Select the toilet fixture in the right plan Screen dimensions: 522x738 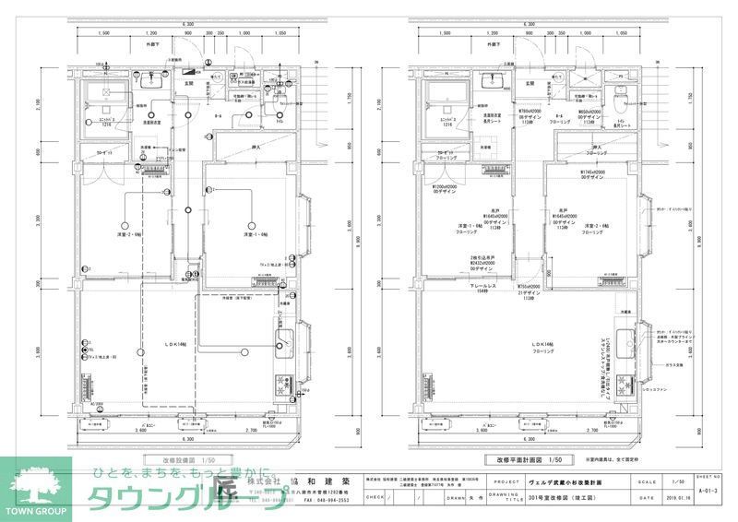(621, 95)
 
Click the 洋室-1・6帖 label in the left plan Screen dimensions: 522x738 (256, 236)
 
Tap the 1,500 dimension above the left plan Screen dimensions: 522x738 (101, 32)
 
